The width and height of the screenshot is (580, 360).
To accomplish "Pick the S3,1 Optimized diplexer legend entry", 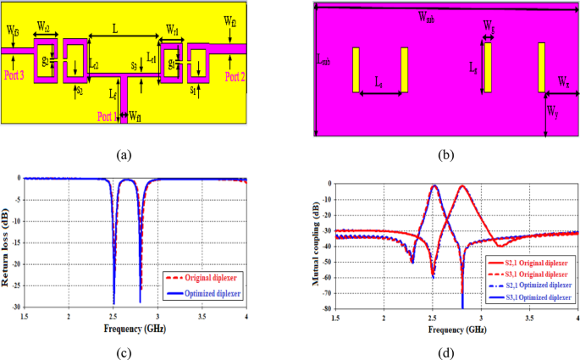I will tap(522, 298).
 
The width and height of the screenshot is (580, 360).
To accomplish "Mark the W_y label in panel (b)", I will tap(552, 110).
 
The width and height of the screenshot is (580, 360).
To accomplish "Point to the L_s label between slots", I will tap(379, 84).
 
